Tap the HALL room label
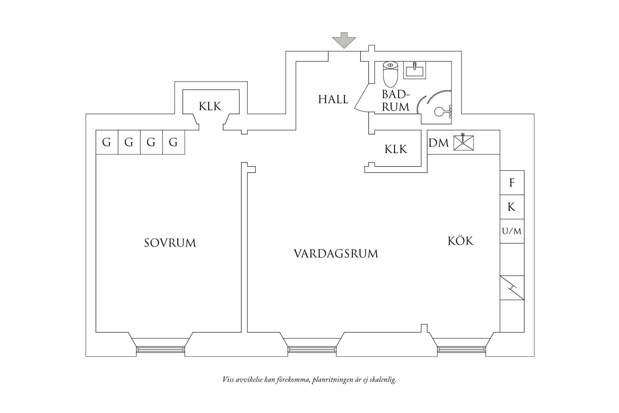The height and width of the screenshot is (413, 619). click(x=333, y=100)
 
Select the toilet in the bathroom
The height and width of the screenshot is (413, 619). click(x=390, y=74)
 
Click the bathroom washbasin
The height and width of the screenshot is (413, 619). click(x=415, y=70)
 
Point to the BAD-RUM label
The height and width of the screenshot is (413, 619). click(x=395, y=101)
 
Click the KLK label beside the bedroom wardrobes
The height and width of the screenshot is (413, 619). click(x=210, y=106)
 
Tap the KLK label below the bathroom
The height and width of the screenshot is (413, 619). click(x=396, y=149)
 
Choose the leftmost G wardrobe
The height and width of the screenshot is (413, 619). click(x=107, y=142)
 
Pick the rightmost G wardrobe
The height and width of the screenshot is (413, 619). click(x=174, y=142)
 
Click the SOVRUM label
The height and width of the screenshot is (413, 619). click(x=170, y=243)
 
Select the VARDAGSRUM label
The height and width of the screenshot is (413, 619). click(x=336, y=254)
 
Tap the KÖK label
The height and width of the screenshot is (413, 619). click(x=460, y=240)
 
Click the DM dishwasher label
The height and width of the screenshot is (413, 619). click(x=439, y=143)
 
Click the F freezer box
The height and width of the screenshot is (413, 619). click(x=512, y=183)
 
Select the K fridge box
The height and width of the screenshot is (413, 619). click(x=512, y=207)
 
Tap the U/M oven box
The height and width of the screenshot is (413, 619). click(x=512, y=231)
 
